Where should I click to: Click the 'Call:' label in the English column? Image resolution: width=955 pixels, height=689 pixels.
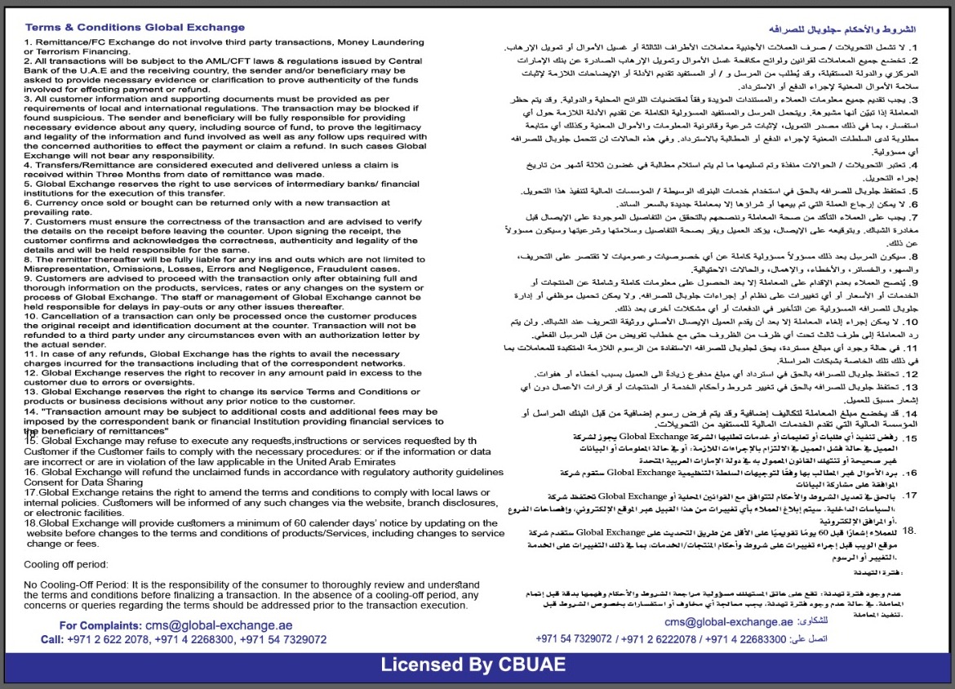coord(52,639)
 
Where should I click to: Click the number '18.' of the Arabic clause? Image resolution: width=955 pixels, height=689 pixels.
coord(909,531)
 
